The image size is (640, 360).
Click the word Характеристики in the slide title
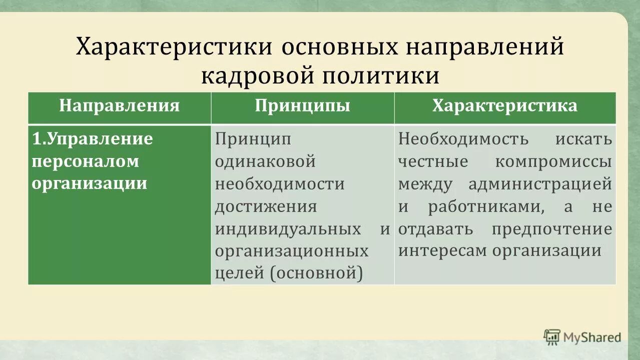click(x=174, y=47)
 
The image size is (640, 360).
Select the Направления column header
click(x=119, y=106)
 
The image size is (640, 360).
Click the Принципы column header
click(x=302, y=106)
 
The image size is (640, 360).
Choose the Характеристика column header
click(x=505, y=106)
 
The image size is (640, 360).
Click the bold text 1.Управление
click(x=93, y=138)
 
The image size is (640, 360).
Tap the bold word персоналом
click(x=85, y=161)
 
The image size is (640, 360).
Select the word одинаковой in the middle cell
click(x=265, y=161)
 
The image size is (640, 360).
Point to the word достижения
click(x=266, y=206)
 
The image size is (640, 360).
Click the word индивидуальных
click(x=288, y=229)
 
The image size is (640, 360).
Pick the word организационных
click(x=292, y=251)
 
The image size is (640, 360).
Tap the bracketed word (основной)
click(x=319, y=273)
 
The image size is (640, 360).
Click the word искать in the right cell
click(x=583, y=139)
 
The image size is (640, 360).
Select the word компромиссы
click(x=553, y=161)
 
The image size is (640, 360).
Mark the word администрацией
click(x=540, y=184)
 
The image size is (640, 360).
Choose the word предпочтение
click(x=551, y=229)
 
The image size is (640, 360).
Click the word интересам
click(x=442, y=251)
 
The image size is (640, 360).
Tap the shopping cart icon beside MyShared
click(x=552, y=336)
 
